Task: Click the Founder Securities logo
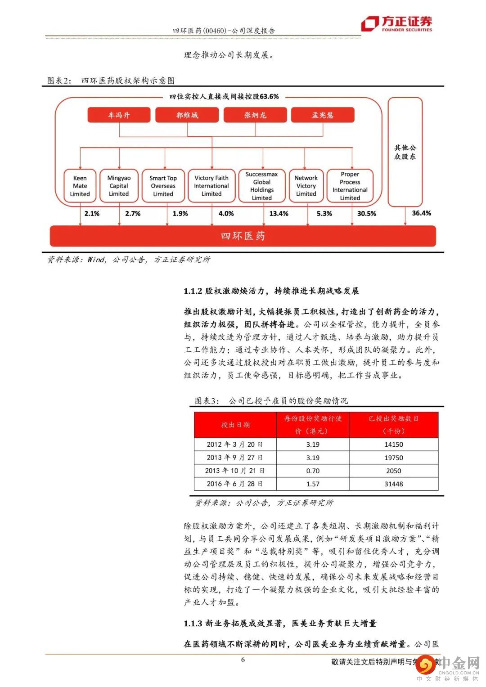(396, 23)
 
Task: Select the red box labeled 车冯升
(119, 115)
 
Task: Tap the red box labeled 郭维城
(187, 115)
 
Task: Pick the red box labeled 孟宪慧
(323, 115)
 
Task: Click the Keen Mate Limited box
(80, 186)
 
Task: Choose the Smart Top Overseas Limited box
(163, 186)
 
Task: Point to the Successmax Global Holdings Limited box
(261, 186)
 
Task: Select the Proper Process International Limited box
(350, 186)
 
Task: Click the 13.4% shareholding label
(279, 214)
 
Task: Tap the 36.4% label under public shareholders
(421, 213)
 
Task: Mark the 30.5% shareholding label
(366, 214)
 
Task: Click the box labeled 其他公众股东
(405, 152)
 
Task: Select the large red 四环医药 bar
(243, 236)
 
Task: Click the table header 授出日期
(235, 425)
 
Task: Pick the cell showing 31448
(394, 484)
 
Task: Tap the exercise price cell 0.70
(313, 471)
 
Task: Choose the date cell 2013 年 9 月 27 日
(235, 458)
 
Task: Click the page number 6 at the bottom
(243, 660)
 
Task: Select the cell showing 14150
(394, 445)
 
